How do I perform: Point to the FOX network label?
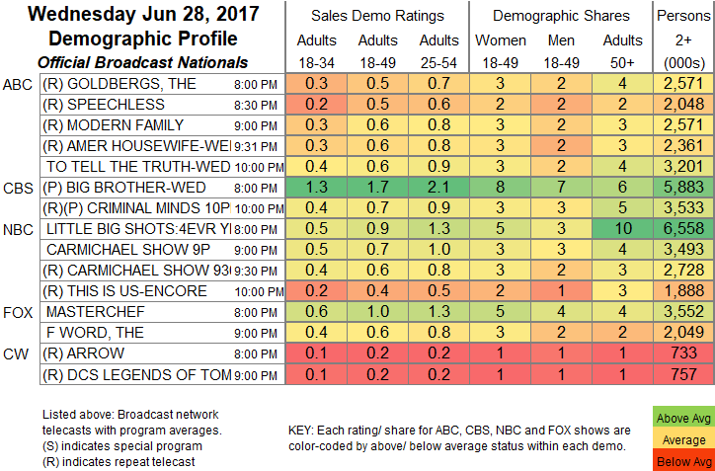[19, 312]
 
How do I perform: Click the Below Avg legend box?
[681, 461]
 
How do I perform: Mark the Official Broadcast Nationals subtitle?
[136, 60]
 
